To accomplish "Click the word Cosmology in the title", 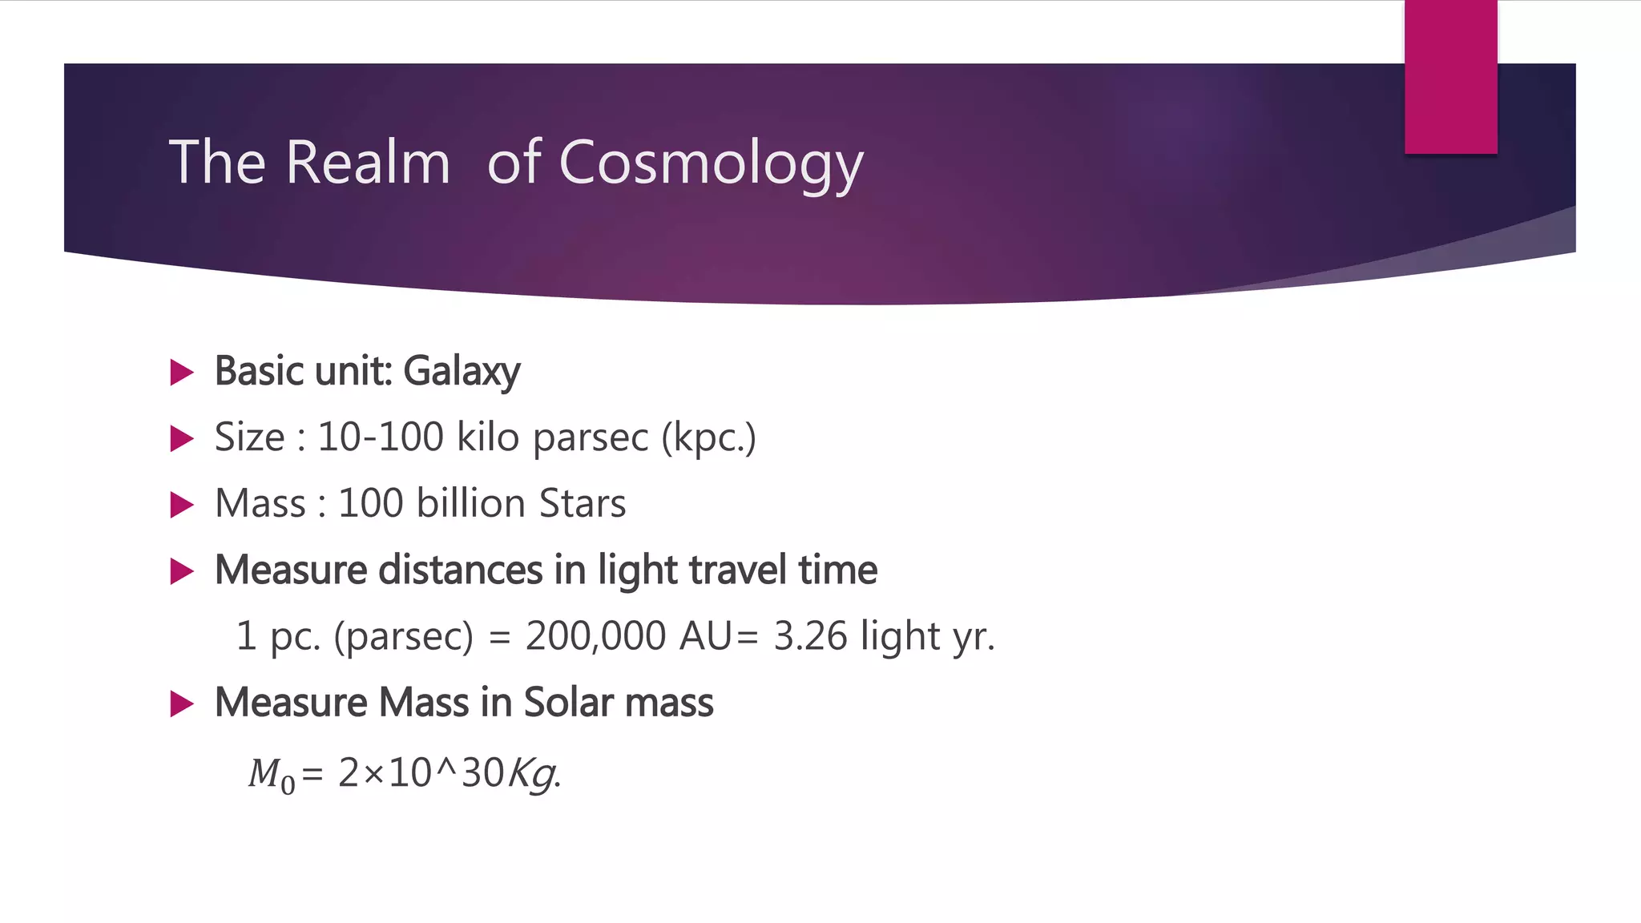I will (711, 163).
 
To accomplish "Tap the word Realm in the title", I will (368, 163).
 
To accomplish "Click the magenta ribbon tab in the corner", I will (1450, 77).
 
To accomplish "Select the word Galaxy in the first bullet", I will (462, 372).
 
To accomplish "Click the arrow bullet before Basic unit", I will (183, 373).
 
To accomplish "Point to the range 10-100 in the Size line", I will (381, 437).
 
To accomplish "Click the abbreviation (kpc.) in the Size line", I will (708, 438).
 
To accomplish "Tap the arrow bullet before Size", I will (183, 439).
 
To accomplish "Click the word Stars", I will (583, 504).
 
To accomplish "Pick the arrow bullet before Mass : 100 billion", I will (183, 506).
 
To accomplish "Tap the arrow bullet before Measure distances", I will (183, 572).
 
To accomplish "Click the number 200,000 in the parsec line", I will (595, 636).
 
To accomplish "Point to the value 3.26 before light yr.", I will (810, 636).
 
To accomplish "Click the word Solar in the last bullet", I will (568, 703).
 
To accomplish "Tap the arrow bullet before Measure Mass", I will (183, 705).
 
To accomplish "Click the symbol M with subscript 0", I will (271, 775).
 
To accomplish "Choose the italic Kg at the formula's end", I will (532, 775).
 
